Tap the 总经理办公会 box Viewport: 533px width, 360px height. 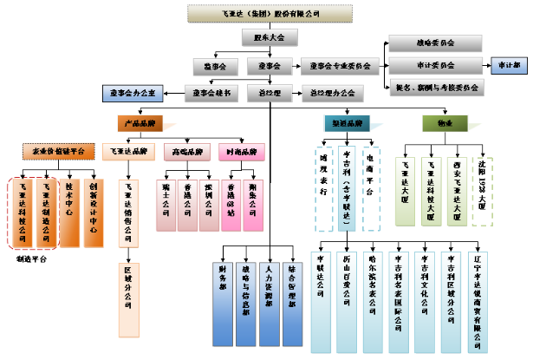pos(328,91)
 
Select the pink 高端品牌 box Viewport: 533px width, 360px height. pos(184,152)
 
